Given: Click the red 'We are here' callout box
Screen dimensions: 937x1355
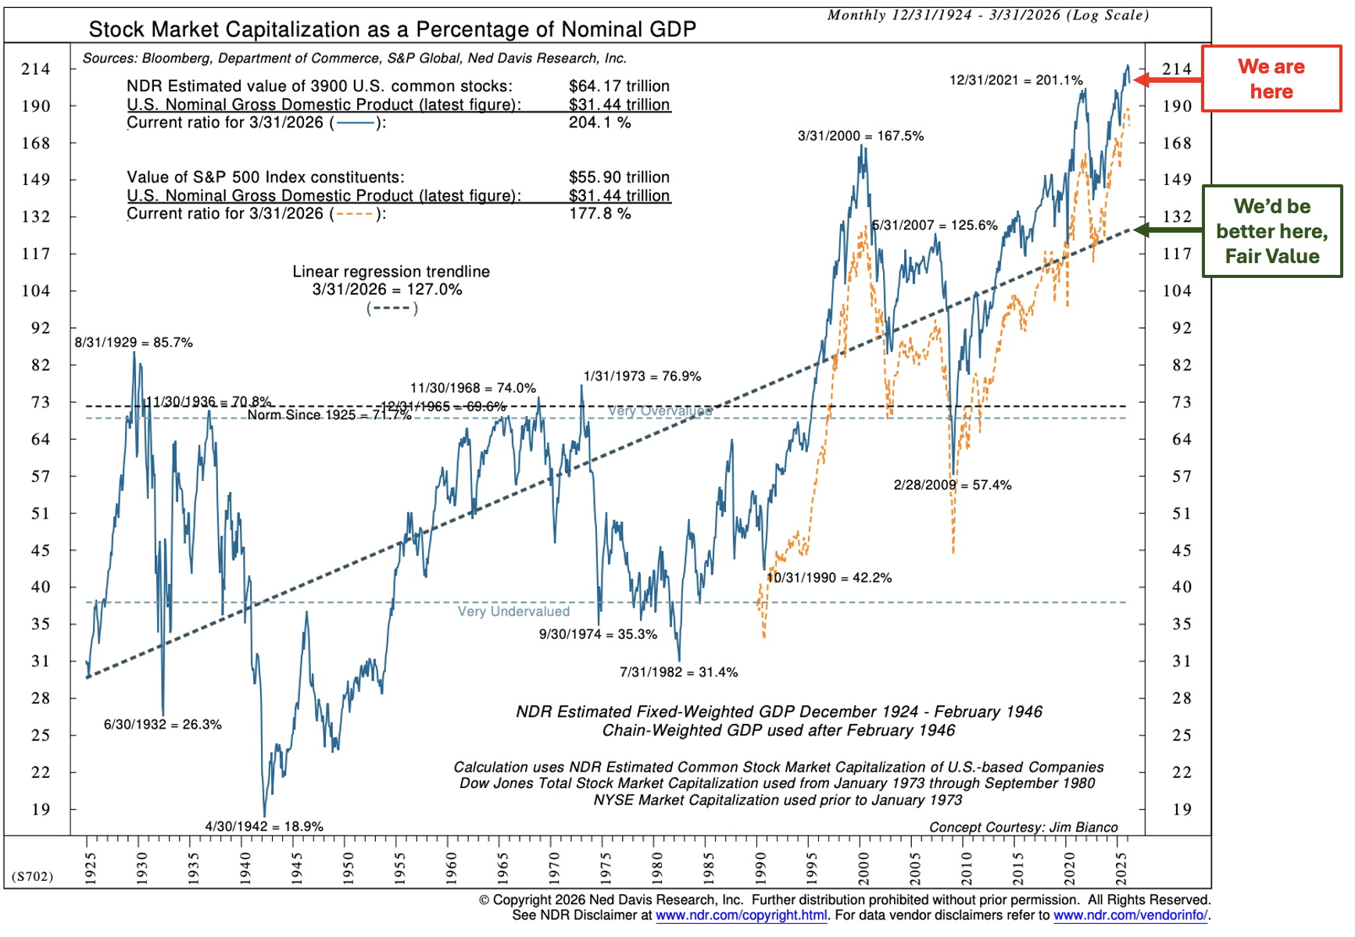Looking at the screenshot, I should point(1271,79).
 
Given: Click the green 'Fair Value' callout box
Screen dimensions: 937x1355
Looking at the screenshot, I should point(1271,231).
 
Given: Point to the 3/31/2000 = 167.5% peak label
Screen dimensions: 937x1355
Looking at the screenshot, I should point(860,136).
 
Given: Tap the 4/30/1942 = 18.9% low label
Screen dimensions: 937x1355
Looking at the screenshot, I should point(264,826).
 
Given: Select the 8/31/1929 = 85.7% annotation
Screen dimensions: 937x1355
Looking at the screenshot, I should point(134,342).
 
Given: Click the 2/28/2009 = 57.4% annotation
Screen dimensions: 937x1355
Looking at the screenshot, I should point(953,485).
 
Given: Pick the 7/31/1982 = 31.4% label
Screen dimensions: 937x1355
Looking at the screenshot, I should point(678,672).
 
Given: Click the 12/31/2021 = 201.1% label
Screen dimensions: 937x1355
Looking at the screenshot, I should point(1016,80).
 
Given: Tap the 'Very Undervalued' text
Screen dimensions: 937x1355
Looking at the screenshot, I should point(513,611).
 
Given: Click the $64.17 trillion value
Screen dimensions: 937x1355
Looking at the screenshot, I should point(619,86).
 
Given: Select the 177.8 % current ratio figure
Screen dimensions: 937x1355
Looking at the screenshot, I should point(599,214).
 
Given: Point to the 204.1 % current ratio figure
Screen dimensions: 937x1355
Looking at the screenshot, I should point(599,123).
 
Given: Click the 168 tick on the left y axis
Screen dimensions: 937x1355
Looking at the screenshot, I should point(36,143).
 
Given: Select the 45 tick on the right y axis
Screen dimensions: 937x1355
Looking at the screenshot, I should point(1182,550).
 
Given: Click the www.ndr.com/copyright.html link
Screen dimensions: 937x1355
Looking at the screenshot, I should point(741,915).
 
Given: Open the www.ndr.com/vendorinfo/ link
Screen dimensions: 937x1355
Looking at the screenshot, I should point(1130,915).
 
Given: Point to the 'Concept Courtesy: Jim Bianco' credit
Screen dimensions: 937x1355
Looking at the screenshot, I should point(1023,827).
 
